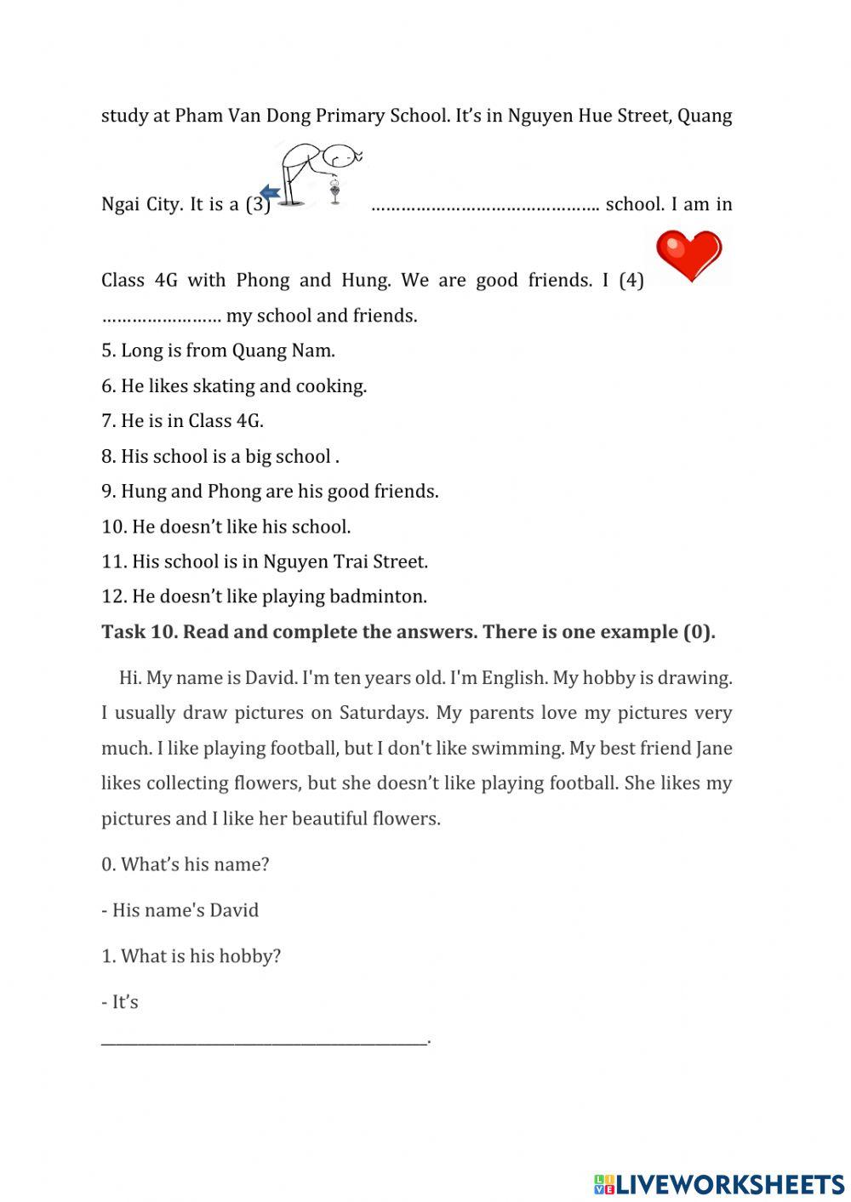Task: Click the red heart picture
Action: click(x=688, y=256)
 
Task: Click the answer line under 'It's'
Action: click(x=264, y=1039)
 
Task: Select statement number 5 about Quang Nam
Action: click(x=218, y=350)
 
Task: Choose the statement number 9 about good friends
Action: click(x=270, y=492)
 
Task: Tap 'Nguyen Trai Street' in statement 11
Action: click(x=345, y=561)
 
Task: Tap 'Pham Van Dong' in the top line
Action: click(x=243, y=116)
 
